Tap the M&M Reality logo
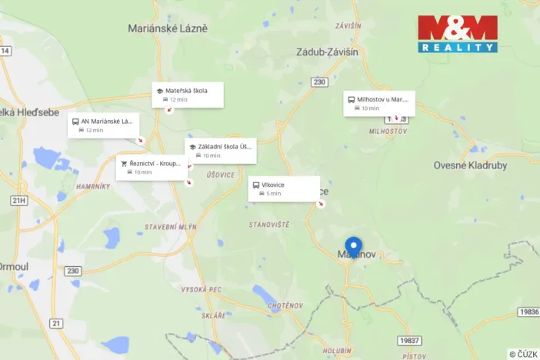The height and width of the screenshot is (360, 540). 458,34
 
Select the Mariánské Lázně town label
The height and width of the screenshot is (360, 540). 168,28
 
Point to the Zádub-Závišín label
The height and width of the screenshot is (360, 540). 327,52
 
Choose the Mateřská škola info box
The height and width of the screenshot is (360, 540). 188,95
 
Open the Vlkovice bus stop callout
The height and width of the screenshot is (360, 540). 283,188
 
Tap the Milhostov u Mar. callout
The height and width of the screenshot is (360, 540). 379,103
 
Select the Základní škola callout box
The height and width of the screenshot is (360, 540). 220,150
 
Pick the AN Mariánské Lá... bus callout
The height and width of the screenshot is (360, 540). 102,125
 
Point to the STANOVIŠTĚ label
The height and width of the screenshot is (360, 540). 269,225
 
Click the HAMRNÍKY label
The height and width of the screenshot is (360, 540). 95,187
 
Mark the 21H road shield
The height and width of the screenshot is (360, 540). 19,200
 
